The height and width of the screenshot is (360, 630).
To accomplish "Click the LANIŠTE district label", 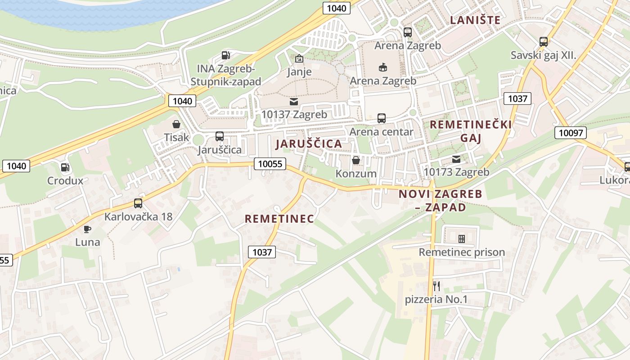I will [475, 20].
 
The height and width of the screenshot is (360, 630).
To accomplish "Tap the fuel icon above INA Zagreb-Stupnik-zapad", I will [226, 56].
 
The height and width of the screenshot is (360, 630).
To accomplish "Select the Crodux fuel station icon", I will [66, 167].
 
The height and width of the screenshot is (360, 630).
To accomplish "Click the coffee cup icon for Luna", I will [87, 229].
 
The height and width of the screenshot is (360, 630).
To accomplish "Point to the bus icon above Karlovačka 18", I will [138, 203].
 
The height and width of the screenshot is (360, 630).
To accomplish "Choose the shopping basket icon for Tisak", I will [176, 124].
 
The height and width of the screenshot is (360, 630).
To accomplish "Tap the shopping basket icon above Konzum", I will [356, 160].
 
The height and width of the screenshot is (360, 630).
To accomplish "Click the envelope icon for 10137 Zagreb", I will [294, 102].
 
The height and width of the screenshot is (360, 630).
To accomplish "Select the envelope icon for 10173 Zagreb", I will [456, 159].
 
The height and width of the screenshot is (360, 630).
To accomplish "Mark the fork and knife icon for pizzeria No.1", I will [436, 286].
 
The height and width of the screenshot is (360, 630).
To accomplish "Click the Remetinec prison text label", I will [462, 252].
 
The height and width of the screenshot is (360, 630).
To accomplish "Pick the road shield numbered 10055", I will [270, 164].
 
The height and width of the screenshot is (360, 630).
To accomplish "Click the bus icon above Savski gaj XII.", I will [544, 42].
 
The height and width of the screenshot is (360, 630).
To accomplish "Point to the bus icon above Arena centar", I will [381, 118].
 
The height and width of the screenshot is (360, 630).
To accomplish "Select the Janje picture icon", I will [299, 58].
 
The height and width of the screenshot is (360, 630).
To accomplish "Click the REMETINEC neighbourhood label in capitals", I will [279, 219].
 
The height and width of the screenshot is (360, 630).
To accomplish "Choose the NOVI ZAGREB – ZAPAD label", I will [440, 201].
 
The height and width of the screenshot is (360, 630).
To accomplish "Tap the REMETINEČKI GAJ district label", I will [471, 131].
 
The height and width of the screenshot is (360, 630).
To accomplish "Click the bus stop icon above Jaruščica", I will [220, 136].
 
